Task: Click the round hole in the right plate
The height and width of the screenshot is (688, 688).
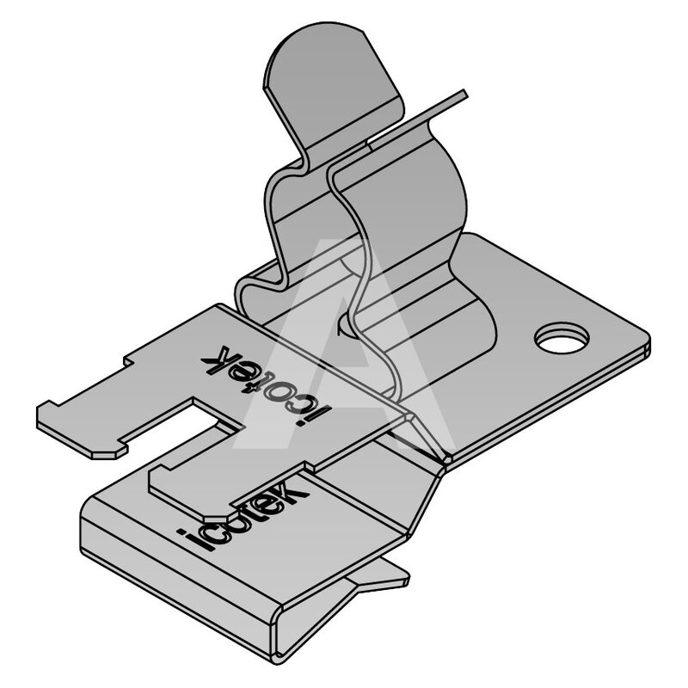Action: [562, 338]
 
